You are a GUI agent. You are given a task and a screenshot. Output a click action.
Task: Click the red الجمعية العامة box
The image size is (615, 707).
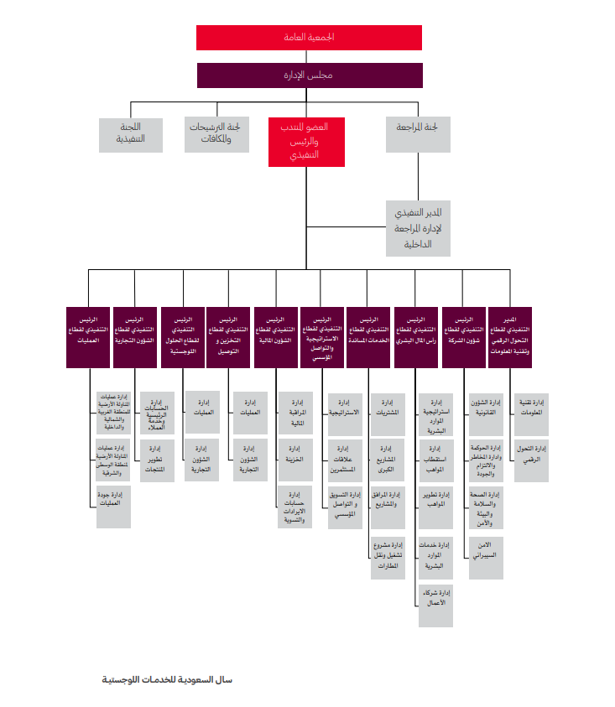[x=308, y=38]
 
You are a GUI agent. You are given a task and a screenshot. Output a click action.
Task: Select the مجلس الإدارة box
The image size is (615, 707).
[x=308, y=75]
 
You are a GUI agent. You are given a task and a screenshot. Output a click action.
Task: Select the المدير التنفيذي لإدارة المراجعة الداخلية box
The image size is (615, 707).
[x=418, y=227]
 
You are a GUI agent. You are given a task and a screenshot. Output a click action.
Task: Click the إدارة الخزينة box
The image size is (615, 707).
[x=294, y=459]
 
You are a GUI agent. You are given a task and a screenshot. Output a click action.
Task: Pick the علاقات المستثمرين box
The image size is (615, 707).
[x=344, y=460]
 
